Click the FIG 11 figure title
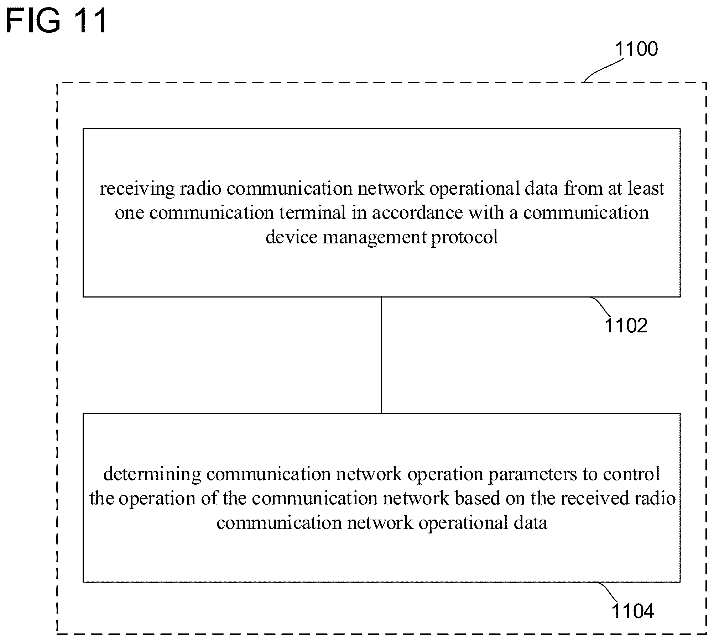pyautogui.click(x=56, y=21)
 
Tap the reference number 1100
pyautogui.click(x=636, y=49)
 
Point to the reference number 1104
pyautogui.click(x=633, y=611)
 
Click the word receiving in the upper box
pyautogui.click(x=137, y=189)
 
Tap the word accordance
pyautogui.click(x=417, y=213)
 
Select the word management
pyautogui.click(x=375, y=237)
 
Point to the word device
pyautogui.click(x=291, y=237)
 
